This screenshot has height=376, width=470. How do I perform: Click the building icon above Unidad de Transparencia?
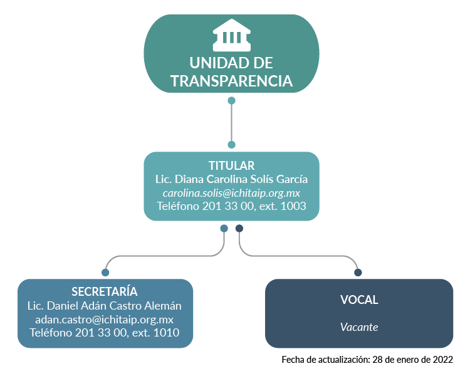232,35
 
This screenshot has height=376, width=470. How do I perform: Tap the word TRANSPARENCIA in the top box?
231,81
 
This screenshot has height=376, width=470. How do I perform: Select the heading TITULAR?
231,165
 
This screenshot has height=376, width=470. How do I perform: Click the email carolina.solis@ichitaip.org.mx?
231,193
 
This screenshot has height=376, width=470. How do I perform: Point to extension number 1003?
293,206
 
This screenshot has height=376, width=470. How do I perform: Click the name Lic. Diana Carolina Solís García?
231,179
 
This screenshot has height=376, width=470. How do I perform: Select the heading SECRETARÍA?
104,291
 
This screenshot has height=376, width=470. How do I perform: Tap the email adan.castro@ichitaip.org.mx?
104,320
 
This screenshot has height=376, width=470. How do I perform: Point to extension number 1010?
166,333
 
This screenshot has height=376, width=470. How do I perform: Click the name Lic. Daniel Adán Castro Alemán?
104,306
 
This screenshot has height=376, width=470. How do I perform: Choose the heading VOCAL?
359,300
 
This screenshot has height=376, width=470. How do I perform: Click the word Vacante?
359,327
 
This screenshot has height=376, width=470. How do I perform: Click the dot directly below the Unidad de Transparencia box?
231,100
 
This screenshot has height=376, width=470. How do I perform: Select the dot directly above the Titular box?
231,145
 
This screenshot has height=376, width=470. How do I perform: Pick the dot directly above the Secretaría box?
105,272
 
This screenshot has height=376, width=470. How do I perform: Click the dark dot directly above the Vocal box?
358,272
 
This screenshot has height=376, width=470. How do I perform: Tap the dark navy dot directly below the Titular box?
239,229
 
